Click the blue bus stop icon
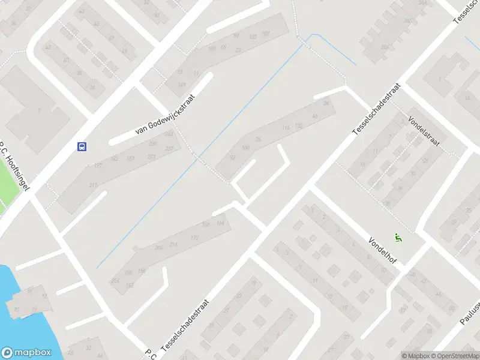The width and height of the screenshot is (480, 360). pos(81,146)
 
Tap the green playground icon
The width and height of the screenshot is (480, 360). pos(397,238)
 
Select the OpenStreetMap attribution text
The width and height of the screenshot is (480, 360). pos(454,356)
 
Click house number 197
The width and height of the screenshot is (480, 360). pos(98,166)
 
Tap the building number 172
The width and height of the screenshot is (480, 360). pos(194,238)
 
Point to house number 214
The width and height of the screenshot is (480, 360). pos(173,244)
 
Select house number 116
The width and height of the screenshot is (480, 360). pos(286,127)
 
